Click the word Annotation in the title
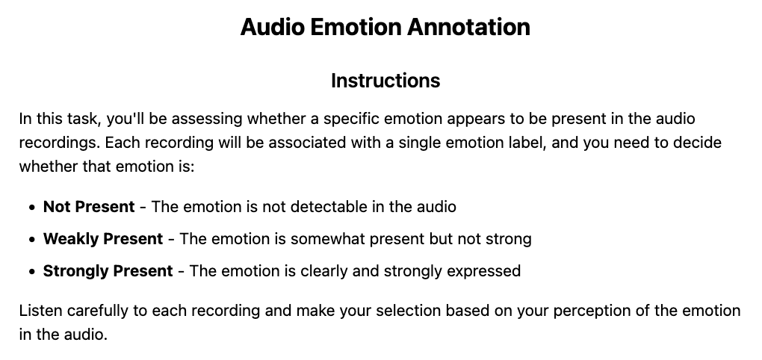point(468,26)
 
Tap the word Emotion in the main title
point(356,26)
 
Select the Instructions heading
point(385,81)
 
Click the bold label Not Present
point(89,206)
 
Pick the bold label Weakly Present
point(103,239)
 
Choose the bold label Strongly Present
point(108,271)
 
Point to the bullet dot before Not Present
point(32,208)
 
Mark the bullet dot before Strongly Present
point(32,272)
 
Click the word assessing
point(208,119)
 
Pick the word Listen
point(40,311)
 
